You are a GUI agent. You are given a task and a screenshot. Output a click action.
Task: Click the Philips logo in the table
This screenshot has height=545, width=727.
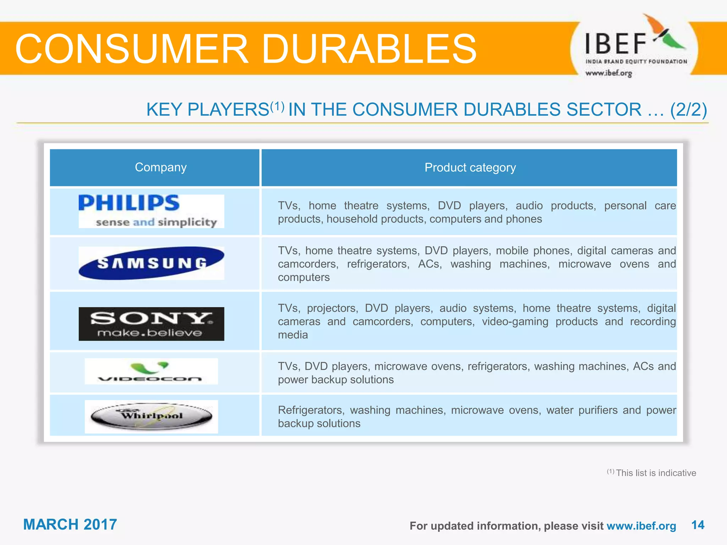(x=151, y=211)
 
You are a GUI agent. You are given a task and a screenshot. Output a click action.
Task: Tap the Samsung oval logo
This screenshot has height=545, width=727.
(x=151, y=263)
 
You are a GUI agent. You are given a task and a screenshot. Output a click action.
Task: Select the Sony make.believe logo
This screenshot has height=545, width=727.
(x=151, y=324)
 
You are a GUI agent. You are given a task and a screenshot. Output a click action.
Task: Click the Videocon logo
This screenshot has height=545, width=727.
(x=151, y=371)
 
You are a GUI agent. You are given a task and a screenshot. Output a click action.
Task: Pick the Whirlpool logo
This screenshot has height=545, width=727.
(x=151, y=416)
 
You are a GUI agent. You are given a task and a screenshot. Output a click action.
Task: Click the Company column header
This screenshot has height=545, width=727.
(x=160, y=167)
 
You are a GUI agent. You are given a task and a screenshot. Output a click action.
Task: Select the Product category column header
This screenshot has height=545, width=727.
(x=470, y=167)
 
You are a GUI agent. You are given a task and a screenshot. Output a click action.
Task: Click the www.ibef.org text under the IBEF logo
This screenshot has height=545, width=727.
(x=608, y=73)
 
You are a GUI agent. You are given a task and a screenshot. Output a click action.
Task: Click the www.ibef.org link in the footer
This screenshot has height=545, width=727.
(x=641, y=525)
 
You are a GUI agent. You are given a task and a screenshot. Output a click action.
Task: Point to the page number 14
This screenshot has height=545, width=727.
(x=698, y=525)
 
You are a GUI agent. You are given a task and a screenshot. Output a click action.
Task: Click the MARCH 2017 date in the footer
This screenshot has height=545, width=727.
(x=70, y=524)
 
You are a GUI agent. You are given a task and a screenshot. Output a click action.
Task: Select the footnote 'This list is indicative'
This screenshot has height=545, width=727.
(x=656, y=473)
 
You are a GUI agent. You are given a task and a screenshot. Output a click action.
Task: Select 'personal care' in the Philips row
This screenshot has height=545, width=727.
(x=640, y=205)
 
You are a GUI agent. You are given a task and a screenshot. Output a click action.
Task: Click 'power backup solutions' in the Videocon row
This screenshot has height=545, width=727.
(x=335, y=380)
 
